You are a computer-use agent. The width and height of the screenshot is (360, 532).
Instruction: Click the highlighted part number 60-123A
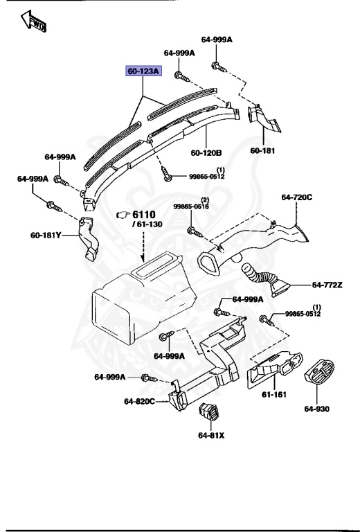pyautogui.click(x=143, y=71)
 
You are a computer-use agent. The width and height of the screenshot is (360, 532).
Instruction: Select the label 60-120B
pyautogui.click(x=206, y=152)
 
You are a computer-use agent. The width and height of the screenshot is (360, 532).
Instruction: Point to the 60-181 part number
pyautogui.click(x=263, y=150)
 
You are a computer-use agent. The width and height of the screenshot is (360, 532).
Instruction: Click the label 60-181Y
pyautogui.click(x=46, y=236)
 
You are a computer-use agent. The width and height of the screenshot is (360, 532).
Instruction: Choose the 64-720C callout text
pyautogui.click(x=297, y=197)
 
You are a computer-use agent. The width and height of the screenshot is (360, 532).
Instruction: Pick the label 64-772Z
pyautogui.click(x=327, y=285)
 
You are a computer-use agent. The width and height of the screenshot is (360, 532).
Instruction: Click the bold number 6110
pyautogui.click(x=146, y=215)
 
